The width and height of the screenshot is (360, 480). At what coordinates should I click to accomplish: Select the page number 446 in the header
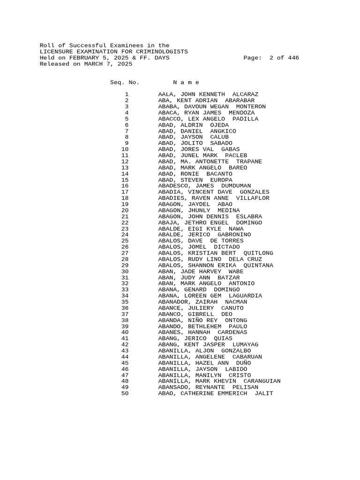point(293,58)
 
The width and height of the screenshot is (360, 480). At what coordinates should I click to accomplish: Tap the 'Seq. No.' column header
point(124,82)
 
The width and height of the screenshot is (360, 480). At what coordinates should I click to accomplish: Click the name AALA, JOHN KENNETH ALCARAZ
point(208,95)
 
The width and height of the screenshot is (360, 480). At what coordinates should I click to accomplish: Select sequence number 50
point(125,393)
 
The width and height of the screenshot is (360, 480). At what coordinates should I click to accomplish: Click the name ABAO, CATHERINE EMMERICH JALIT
point(216,393)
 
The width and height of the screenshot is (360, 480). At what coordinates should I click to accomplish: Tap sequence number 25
point(125,241)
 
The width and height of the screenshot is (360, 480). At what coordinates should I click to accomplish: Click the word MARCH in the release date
point(93,64)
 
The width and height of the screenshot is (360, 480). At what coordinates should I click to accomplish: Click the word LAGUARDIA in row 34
point(245,296)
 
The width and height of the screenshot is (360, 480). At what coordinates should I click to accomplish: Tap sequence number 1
point(127,95)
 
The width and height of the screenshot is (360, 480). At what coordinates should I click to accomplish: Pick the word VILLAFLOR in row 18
point(253,198)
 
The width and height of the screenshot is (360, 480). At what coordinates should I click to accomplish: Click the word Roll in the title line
point(47,45)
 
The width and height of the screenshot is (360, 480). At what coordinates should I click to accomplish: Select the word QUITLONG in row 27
point(258,253)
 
